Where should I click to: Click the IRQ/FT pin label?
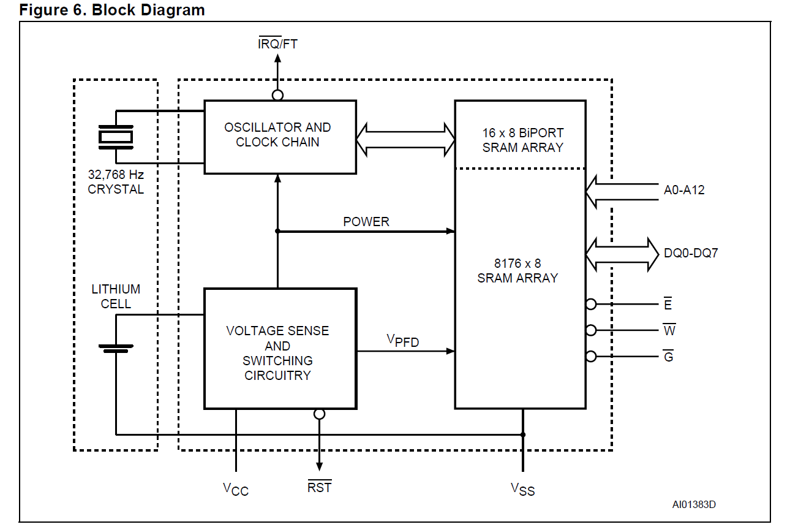tap(278, 44)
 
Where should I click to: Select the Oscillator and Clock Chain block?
tap(280, 137)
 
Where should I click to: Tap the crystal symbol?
tap(115, 136)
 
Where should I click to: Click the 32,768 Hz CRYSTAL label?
tap(116, 182)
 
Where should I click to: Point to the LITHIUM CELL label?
tap(116, 295)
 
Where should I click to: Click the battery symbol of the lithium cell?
tap(115, 348)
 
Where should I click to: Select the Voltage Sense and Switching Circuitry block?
tap(280, 348)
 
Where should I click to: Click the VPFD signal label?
tap(402, 340)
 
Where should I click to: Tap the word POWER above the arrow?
tap(366, 222)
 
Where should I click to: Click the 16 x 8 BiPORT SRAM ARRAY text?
tap(522, 140)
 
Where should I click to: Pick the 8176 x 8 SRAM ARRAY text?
tap(518, 271)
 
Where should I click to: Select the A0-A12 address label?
tap(684, 190)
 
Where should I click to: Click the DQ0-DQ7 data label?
tap(690, 252)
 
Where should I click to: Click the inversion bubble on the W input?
tap(590, 330)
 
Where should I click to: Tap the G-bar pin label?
tap(668, 356)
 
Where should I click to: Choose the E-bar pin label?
tap(668, 304)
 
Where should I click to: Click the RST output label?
tap(319, 487)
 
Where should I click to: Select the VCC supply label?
tap(235, 489)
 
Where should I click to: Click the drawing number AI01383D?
tap(694, 505)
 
